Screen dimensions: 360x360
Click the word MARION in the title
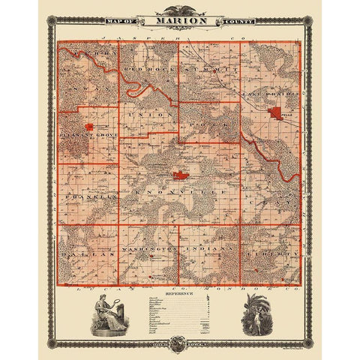pyautogui.click(x=179, y=20)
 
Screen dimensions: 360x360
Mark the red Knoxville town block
pyautogui.click(x=181, y=175)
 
